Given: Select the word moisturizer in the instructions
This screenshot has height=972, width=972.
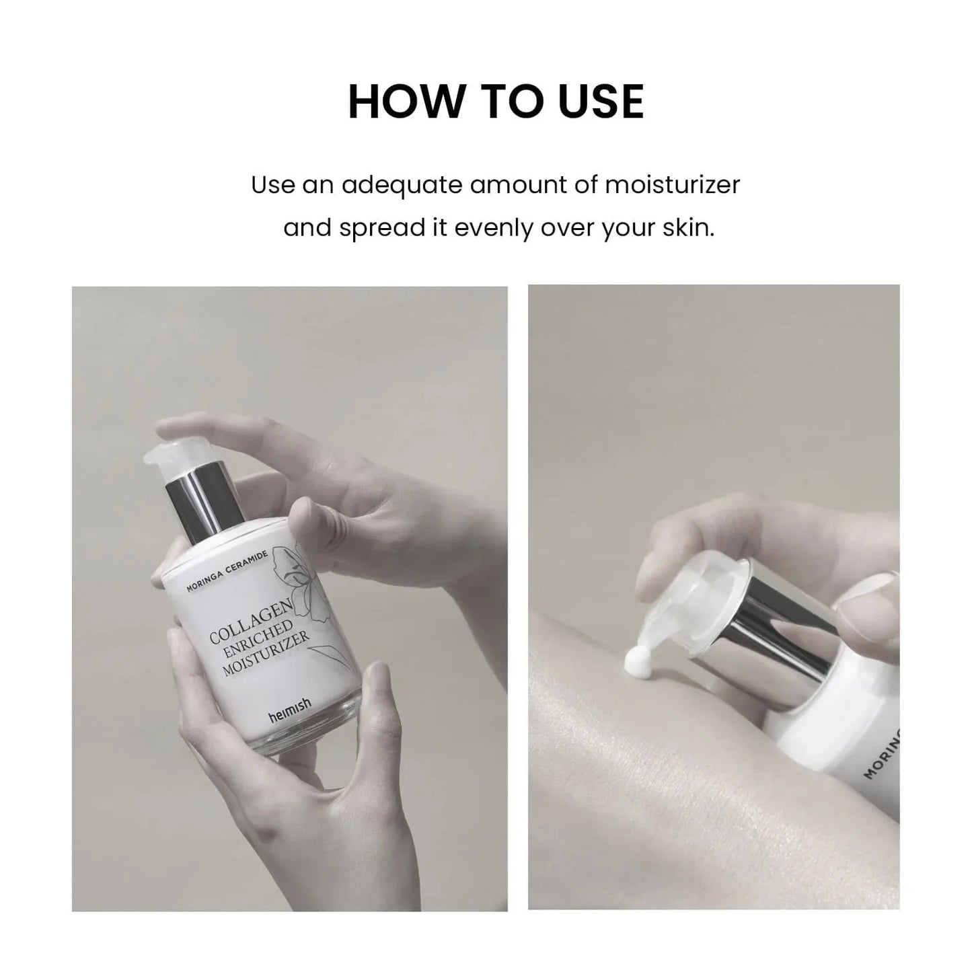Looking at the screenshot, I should [672, 184].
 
